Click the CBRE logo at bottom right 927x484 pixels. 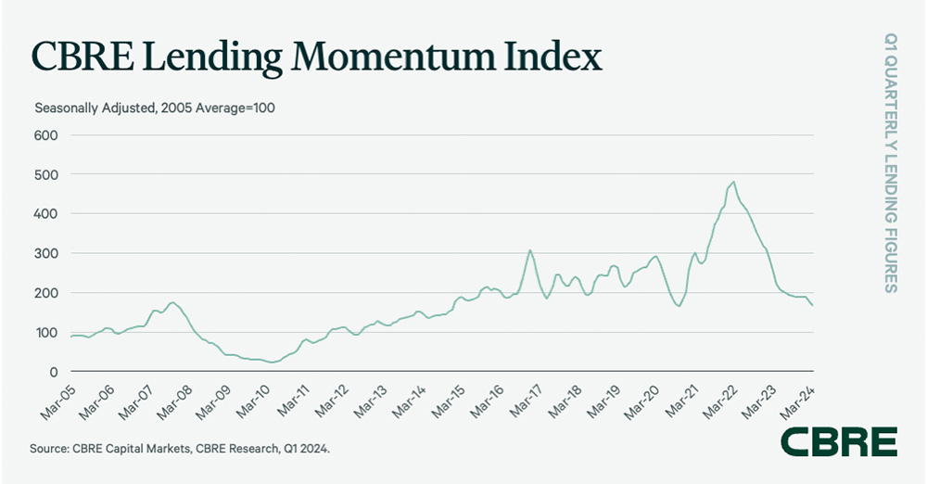[839, 441]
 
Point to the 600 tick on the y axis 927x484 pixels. [46, 135]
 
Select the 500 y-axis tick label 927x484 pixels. [46, 174]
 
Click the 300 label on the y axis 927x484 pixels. [46, 253]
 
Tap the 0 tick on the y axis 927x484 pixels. [54, 372]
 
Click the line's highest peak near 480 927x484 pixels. [733, 182]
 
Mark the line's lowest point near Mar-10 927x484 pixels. [271, 362]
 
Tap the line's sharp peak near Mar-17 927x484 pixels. [529, 249]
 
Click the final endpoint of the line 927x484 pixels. [814, 306]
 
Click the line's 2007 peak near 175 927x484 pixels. [171, 302]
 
